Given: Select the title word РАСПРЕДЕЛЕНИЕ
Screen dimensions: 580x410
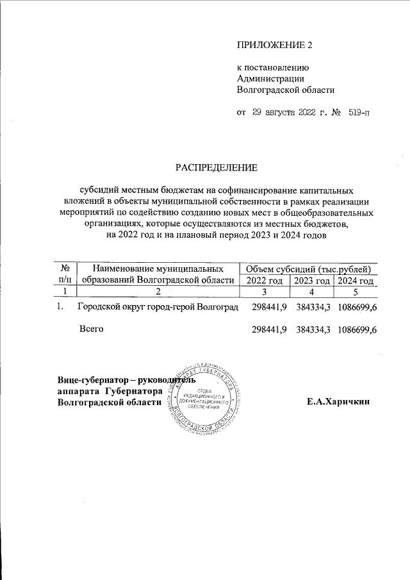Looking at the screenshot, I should tap(217, 168).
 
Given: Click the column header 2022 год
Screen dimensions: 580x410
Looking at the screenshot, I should tap(264, 280).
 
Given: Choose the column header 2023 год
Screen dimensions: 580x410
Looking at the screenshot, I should tap(311, 280).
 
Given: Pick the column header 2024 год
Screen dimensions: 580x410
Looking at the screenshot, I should tap(356, 280).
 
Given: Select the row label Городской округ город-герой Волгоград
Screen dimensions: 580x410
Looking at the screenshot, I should tap(158, 308).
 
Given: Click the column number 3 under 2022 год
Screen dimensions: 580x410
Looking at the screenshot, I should tap(263, 292).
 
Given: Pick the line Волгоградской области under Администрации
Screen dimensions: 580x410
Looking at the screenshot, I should tap(286, 90).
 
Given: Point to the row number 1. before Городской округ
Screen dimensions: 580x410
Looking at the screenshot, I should tap(60, 308).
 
